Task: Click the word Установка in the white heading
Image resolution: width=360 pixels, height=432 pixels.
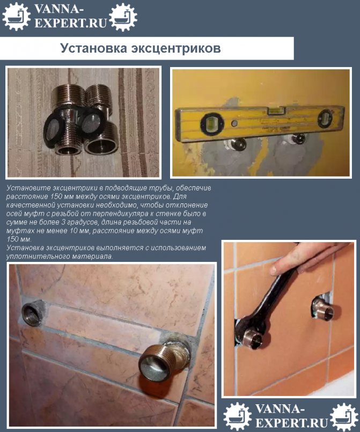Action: pyautogui.click(x=94, y=48)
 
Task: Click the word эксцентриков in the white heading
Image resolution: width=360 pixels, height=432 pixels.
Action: pyautogui.click(x=176, y=48)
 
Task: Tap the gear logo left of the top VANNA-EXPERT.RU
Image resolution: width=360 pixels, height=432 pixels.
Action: pyautogui.click(x=17, y=16)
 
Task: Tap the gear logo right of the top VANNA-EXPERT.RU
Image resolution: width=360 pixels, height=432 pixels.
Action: pyautogui.click(x=123, y=17)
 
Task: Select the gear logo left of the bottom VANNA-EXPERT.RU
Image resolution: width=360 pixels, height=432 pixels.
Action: pyautogui.click(x=238, y=416)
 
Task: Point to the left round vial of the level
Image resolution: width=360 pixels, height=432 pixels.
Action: pyautogui.click(x=211, y=124)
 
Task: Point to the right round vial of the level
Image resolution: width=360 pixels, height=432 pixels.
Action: pyautogui.click(x=326, y=119)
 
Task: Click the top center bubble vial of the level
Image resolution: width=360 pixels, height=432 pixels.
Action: pyautogui.click(x=274, y=111)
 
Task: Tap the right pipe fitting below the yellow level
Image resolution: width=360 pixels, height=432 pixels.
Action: pyautogui.click(x=297, y=138)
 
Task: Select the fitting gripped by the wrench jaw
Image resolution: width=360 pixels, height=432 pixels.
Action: pyautogui.click(x=253, y=338)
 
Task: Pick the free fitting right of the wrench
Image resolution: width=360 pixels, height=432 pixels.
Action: pyautogui.click(x=323, y=309)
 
